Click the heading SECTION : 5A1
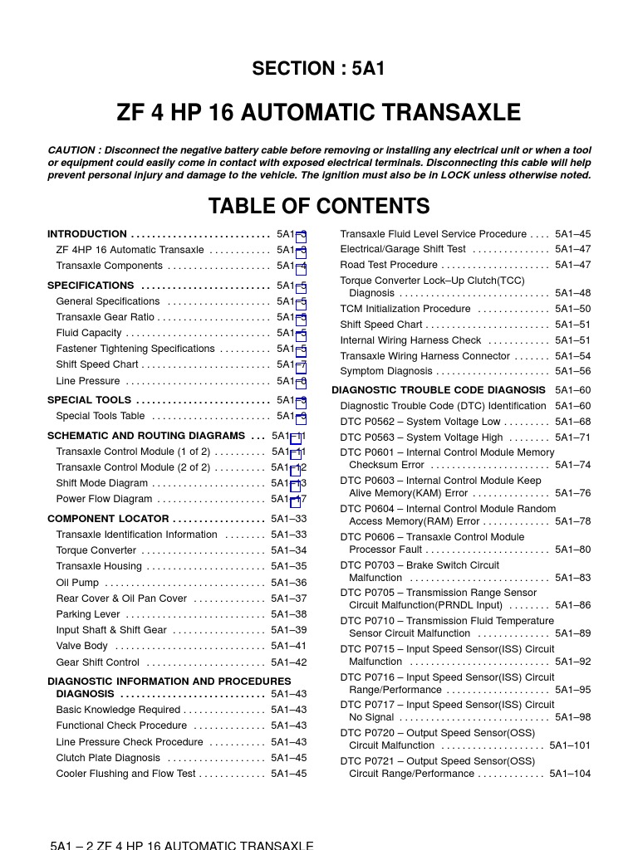319,70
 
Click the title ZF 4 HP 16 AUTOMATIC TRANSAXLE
319,113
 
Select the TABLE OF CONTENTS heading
319,207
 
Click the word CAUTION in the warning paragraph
72,150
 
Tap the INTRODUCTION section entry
87,234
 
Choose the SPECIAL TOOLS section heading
90,400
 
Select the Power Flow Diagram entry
104,500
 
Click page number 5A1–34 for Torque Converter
288,551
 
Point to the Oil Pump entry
77,584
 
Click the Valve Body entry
81,647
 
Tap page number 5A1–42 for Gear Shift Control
288,663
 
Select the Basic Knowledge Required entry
118,711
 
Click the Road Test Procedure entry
389,265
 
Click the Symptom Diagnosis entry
386,372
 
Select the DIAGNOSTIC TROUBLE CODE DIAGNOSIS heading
439,390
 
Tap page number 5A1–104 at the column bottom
570,774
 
